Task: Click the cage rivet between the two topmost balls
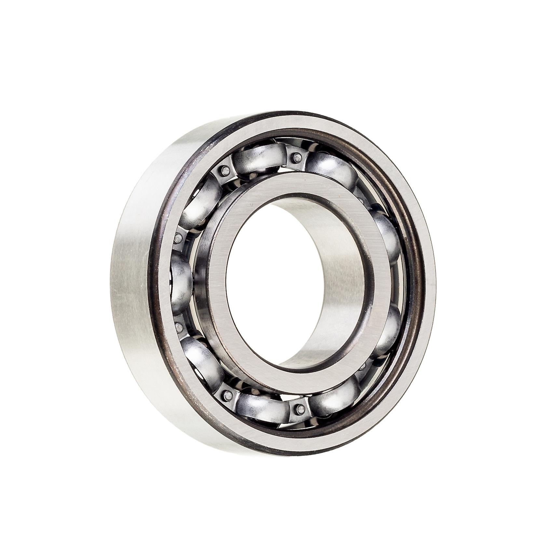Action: click(296, 157)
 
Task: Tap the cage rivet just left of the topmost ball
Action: click(224, 170)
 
